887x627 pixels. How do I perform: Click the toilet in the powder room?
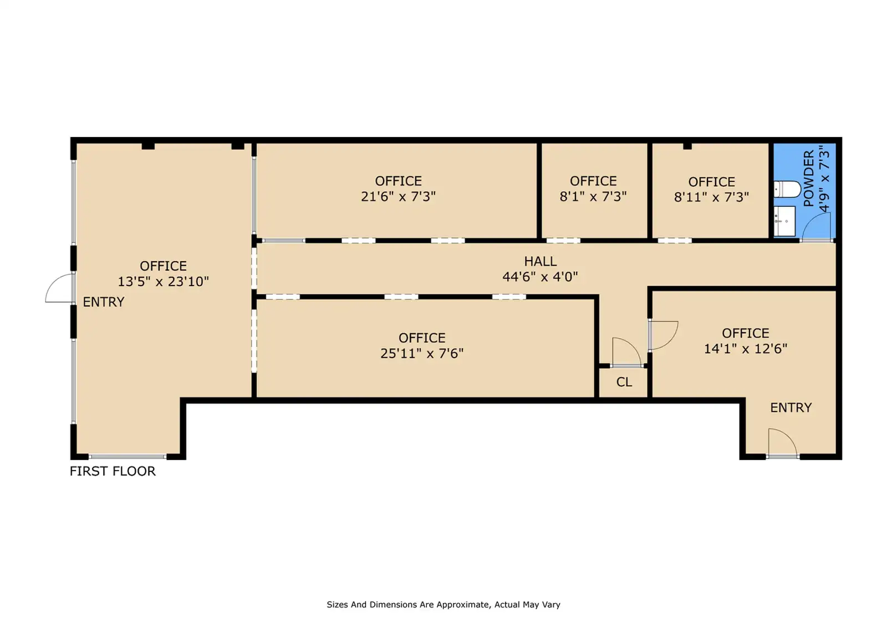pyautogui.click(x=787, y=190)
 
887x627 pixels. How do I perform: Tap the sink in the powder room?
pyautogui.click(x=784, y=221)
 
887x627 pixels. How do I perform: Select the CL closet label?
pyautogui.click(x=624, y=382)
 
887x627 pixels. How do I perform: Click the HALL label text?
pyautogui.click(x=540, y=262)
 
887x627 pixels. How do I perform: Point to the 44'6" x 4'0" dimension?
pyautogui.click(x=540, y=277)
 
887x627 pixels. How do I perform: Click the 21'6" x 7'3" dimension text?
pyautogui.click(x=398, y=196)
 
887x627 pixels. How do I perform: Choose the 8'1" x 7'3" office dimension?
pyautogui.click(x=593, y=196)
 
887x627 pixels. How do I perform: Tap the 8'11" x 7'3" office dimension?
pyautogui.click(x=711, y=197)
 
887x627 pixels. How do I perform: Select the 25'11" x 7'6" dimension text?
pyautogui.click(x=422, y=353)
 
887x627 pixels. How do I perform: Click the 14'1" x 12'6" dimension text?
pyautogui.click(x=745, y=349)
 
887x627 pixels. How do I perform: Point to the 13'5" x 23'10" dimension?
pyautogui.click(x=163, y=282)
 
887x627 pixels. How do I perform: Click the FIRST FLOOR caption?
pyautogui.click(x=113, y=471)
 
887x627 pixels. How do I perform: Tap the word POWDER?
pyautogui.click(x=809, y=179)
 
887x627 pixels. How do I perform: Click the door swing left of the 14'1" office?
pyautogui.click(x=664, y=335)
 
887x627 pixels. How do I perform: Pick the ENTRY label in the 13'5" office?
pyautogui.click(x=103, y=302)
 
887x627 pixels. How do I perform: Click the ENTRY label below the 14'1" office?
pyautogui.click(x=791, y=407)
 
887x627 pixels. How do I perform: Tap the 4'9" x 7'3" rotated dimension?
pyautogui.click(x=824, y=179)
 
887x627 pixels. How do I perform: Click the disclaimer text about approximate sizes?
pyautogui.click(x=443, y=604)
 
